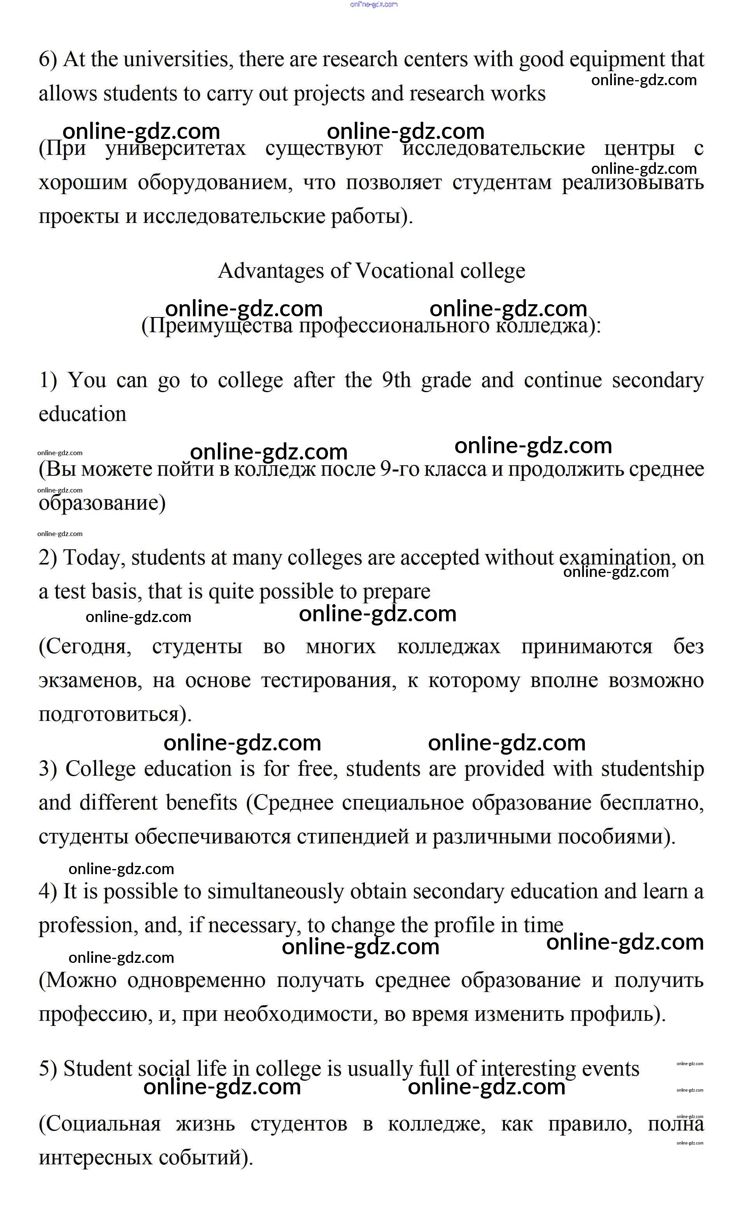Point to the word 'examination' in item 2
[615, 558]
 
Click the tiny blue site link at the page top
[374, 5]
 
